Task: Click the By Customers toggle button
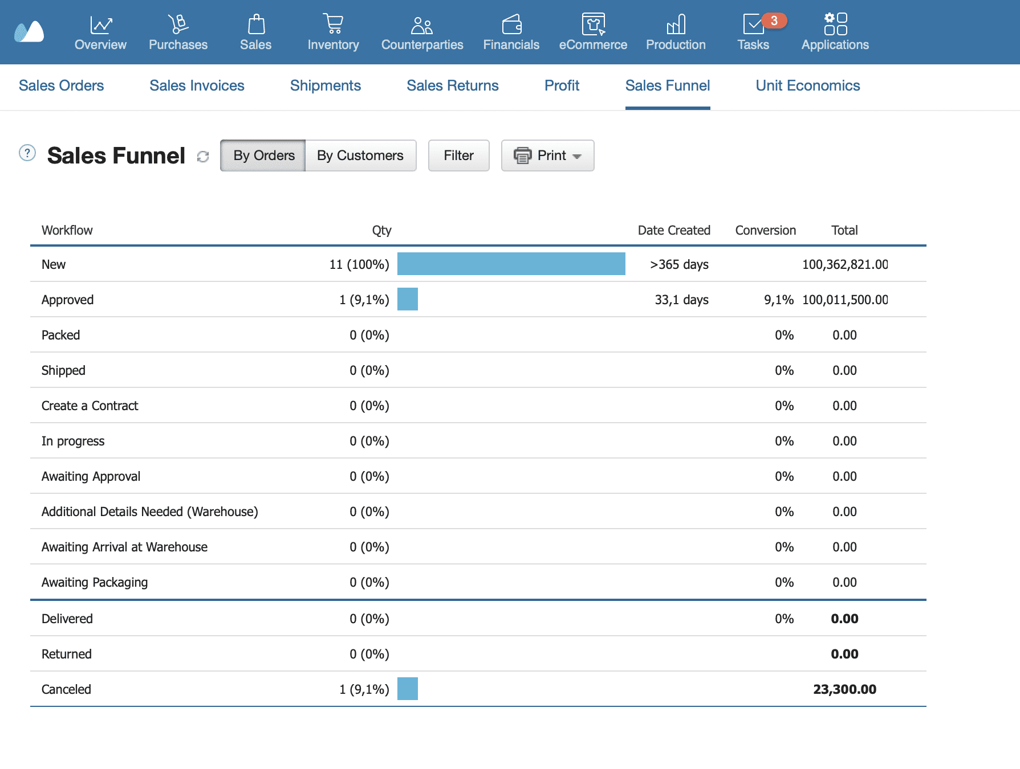360,156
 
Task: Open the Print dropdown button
547,156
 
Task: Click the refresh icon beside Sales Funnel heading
203,156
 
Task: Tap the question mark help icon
27,153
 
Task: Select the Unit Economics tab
807,85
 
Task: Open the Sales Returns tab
452,85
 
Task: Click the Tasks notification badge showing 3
774,21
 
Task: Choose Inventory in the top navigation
333,32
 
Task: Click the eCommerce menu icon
593,24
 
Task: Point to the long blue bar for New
511,264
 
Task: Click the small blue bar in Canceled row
407,689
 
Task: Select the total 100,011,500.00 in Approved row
844,300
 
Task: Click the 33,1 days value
681,300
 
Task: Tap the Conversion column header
765,230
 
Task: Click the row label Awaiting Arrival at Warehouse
124,547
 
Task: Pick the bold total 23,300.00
844,689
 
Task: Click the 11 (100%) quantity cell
359,264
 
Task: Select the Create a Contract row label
90,406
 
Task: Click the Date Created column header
674,230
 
